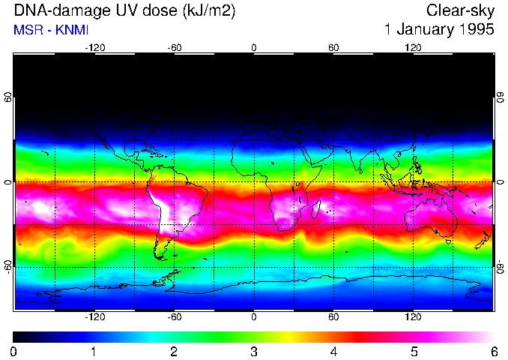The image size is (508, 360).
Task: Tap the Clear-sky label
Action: (460, 10)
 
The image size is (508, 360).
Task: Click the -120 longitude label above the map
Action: (94, 47)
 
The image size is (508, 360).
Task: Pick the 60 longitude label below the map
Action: (333, 318)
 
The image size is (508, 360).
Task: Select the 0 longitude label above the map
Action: (254, 47)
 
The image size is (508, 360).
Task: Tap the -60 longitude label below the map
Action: (174, 318)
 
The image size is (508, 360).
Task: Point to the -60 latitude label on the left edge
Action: (7, 266)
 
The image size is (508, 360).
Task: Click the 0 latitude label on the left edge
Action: (7, 182)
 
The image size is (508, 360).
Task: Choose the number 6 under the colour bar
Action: (493, 351)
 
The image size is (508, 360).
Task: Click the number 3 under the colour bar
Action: (253, 351)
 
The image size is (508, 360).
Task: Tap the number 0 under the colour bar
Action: (13, 351)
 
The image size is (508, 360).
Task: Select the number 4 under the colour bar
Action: (333, 351)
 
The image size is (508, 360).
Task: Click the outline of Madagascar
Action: (318, 207)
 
